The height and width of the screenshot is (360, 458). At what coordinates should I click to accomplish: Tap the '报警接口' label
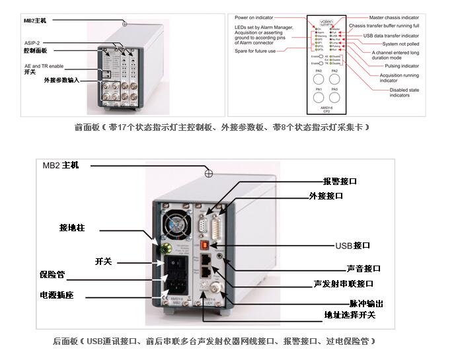pyautogui.click(x=340, y=181)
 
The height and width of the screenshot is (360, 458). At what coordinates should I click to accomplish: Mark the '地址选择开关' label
pyautogui.click(x=349, y=314)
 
